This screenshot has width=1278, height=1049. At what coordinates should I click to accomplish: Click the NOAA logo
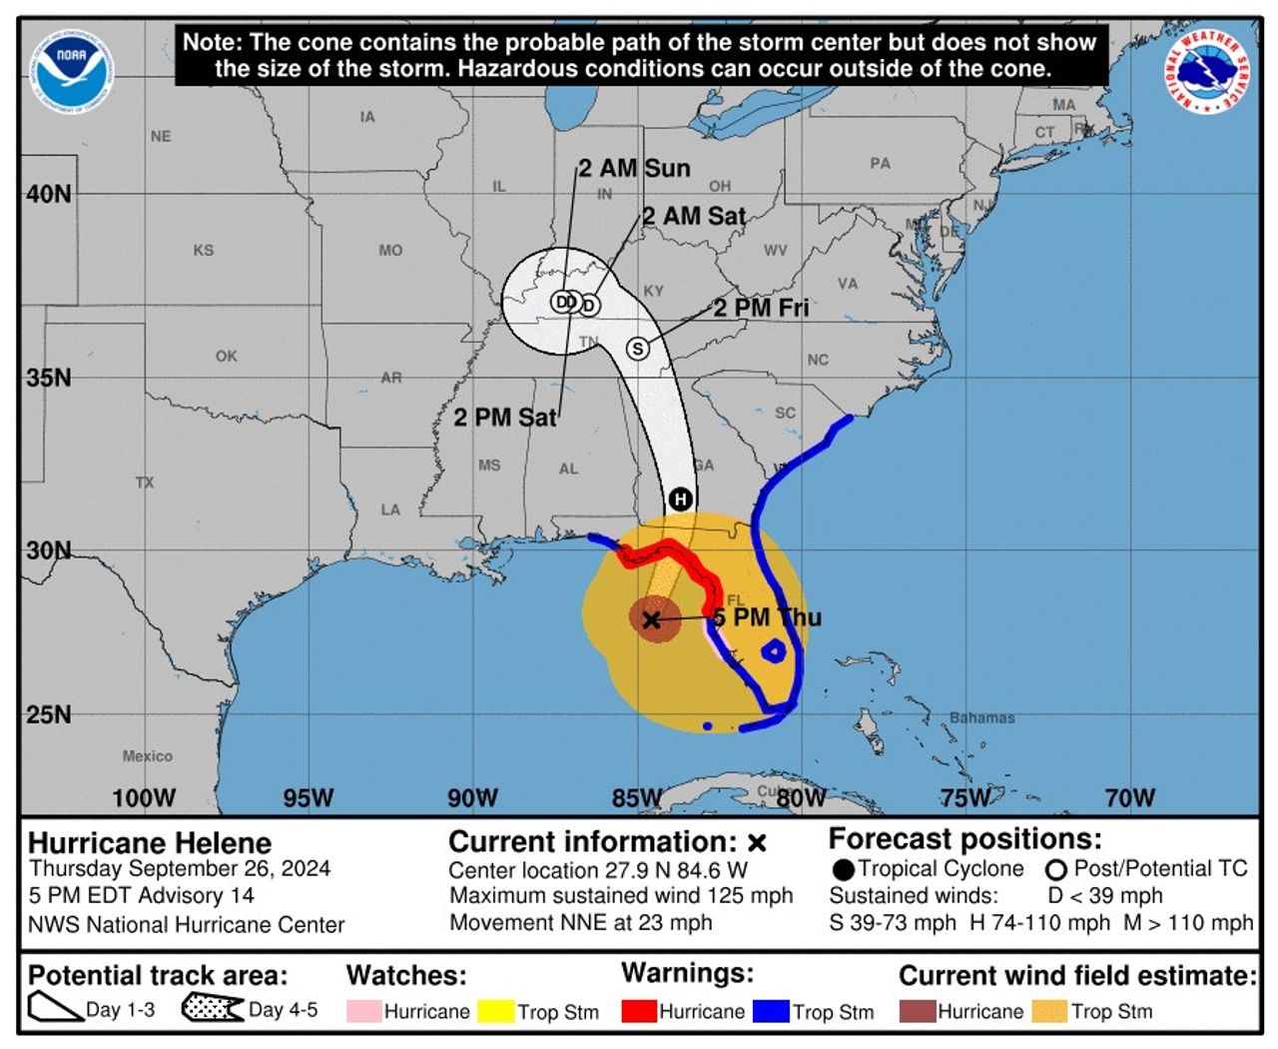tap(72, 70)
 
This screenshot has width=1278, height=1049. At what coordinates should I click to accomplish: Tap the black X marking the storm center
tap(651, 620)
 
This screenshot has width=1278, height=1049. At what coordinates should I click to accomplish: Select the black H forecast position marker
tap(680, 499)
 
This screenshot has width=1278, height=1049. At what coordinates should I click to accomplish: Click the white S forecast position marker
tap(637, 349)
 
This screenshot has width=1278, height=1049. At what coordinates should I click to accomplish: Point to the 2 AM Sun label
tap(635, 168)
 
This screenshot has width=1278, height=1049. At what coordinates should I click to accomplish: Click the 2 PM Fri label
tap(761, 308)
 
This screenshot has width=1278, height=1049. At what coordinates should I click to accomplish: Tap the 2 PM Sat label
tap(504, 417)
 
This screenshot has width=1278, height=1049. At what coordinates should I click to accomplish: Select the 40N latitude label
tap(49, 194)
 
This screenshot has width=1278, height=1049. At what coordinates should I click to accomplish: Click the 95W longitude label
tap(308, 797)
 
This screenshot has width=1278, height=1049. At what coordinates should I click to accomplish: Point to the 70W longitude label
tap(1129, 797)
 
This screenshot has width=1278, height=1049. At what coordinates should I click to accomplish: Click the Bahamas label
tap(981, 717)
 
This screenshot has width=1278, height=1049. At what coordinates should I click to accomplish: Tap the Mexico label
tap(147, 756)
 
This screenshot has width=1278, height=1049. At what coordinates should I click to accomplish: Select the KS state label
tap(204, 250)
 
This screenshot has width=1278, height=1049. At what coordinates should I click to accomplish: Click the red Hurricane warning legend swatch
tap(638, 1011)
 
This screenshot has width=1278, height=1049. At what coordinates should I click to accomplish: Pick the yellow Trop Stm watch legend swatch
tap(495, 1011)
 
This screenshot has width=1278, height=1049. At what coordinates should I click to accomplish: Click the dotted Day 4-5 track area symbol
tap(212, 1008)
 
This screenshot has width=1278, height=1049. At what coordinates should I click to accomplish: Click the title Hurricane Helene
tap(150, 842)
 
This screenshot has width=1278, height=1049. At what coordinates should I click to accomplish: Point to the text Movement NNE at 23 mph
tap(580, 922)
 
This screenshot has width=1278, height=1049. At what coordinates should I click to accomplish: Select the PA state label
tap(880, 163)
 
